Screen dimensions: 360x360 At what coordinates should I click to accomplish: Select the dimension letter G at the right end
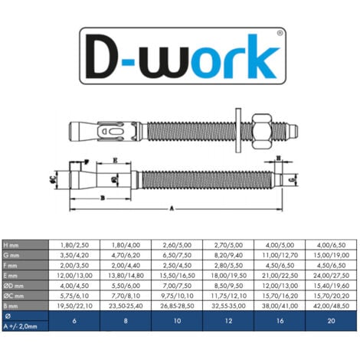tap(294, 178)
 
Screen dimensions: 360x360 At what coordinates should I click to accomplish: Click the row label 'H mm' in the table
tap(13, 244)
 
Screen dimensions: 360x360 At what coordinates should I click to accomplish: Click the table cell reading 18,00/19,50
tap(228, 273)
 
